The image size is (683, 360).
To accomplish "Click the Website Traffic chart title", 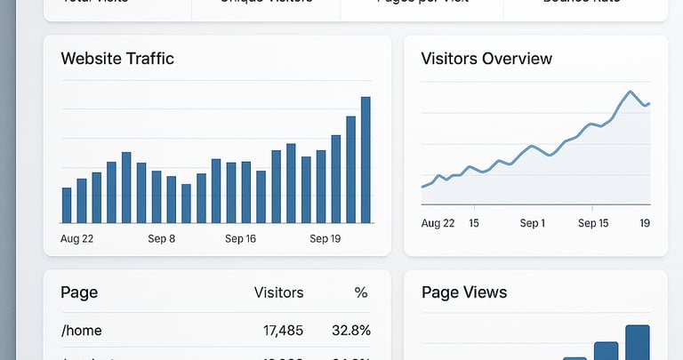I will (x=117, y=59).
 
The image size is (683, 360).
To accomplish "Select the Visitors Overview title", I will (x=486, y=59).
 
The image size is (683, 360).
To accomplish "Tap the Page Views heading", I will (x=464, y=292).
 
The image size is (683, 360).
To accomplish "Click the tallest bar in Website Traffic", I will (x=366, y=160).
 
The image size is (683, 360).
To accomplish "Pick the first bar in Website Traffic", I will (x=67, y=205).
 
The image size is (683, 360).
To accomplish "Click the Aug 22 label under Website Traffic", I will (x=77, y=238).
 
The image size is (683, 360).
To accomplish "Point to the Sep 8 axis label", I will (x=162, y=238).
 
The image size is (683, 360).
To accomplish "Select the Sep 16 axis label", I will (x=240, y=238).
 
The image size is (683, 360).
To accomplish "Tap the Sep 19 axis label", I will (x=325, y=238).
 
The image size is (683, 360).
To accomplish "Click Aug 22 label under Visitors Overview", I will (x=438, y=223).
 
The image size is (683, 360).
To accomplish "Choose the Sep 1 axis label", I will (x=532, y=223).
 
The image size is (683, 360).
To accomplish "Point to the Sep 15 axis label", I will (x=593, y=223).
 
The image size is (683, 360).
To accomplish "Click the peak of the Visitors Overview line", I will (x=631, y=92).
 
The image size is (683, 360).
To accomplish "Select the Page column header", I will (x=79, y=292).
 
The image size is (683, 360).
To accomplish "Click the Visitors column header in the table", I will (x=278, y=292).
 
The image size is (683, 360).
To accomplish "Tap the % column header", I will (x=360, y=292).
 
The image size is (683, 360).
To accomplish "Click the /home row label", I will (x=82, y=331).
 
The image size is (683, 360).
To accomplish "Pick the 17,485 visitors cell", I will (x=284, y=331).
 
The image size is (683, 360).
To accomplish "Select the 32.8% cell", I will (x=351, y=331).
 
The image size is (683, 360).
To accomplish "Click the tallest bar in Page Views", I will (x=638, y=342).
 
